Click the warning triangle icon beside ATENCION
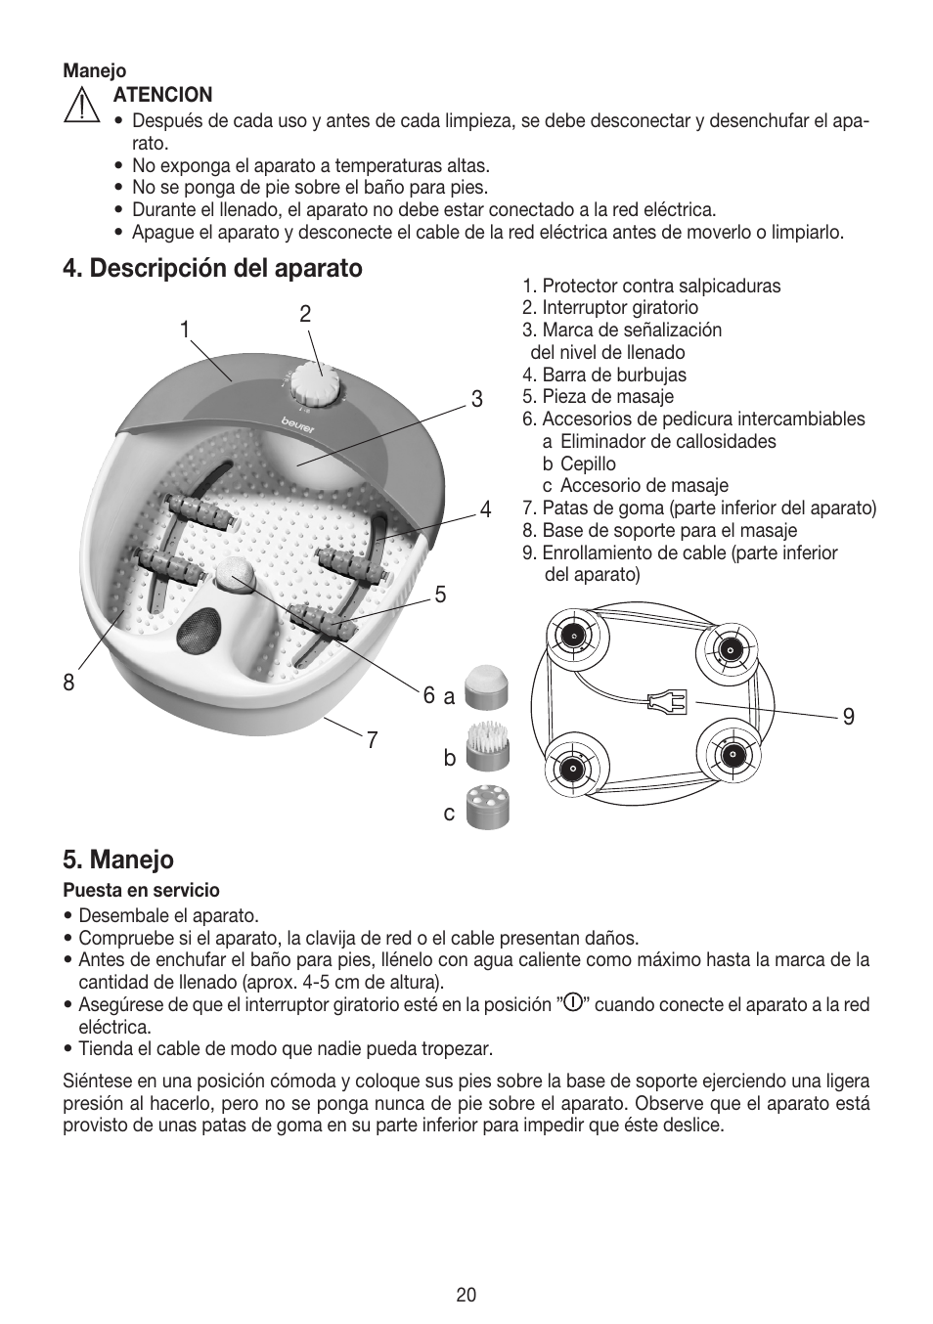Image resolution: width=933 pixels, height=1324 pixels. click(x=82, y=105)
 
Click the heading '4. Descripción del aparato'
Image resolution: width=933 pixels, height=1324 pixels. click(x=212, y=268)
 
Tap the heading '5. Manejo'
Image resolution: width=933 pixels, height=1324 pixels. click(x=118, y=860)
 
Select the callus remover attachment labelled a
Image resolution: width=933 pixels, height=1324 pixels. click(x=486, y=687)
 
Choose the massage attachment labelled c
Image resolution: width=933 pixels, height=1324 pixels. click(x=488, y=807)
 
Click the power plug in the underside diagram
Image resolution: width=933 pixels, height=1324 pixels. click(x=667, y=700)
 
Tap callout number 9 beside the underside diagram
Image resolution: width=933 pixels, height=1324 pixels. click(x=848, y=717)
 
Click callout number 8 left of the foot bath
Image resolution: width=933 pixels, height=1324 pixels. click(x=68, y=683)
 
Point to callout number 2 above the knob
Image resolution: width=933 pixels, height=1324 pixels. click(x=305, y=314)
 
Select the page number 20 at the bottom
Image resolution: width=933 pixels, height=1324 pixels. click(x=466, y=1295)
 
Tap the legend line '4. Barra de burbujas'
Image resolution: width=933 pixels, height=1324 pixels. click(x=603, y=375)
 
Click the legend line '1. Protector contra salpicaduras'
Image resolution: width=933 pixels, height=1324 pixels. click(x=650, y=286)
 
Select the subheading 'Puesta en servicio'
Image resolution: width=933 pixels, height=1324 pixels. click(x=141, y=891)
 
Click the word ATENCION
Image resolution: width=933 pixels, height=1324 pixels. click(x=162, y=95)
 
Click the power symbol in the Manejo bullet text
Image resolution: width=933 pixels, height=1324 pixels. click(x=574, y=1003)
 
